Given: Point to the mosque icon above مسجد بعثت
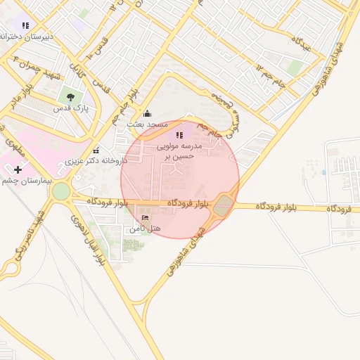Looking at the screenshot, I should (x=147, y=114).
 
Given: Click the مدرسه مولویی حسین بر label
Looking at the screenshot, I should (x=179, y=151).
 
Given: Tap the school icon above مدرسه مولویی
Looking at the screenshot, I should (x=179, y=134).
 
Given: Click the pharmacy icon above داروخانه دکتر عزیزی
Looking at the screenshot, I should (x=96, y=150).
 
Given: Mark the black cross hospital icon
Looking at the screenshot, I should (x=18, y=169).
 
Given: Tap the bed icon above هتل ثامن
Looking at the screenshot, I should (x=146, y=219).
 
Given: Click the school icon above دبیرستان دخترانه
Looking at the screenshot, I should (x=25, y=25).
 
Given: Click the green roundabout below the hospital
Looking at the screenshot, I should (x=61, y=191).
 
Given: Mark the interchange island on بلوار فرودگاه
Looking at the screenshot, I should (x=223, y=205).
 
